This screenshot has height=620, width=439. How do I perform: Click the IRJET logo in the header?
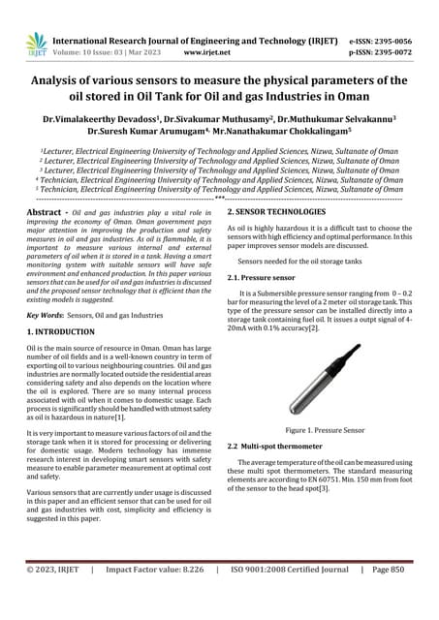pos(36,43)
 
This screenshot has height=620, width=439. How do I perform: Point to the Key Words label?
pos(46,316)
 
